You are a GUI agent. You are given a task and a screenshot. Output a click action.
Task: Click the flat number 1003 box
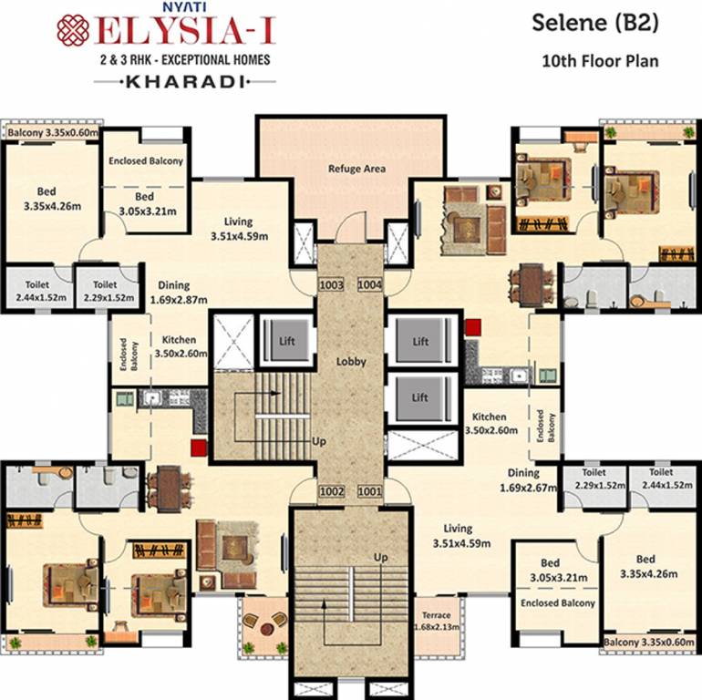[331, 285]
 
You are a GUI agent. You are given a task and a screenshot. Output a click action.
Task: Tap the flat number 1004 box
[369, 285]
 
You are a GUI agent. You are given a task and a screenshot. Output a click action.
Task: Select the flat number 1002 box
[331, 491]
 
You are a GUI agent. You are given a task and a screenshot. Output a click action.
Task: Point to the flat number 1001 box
[369, 491]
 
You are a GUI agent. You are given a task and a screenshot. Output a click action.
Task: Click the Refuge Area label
[356, 169]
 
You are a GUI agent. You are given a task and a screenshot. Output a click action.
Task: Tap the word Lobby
[351, 361]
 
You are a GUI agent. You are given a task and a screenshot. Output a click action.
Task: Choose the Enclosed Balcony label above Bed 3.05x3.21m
[146, 160]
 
